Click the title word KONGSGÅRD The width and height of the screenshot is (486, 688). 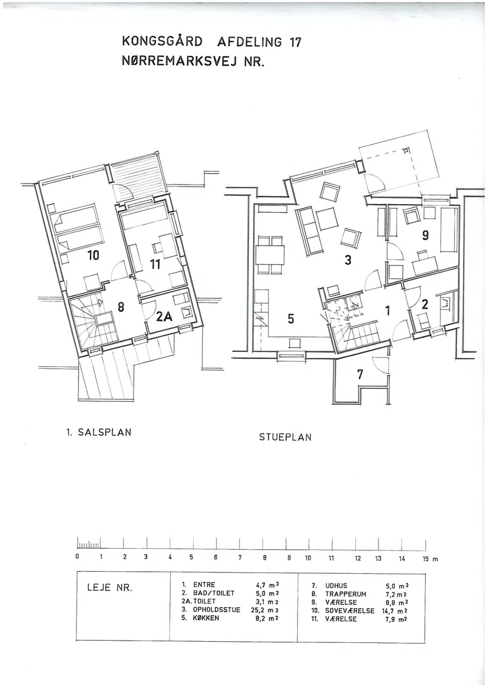coord(162,42)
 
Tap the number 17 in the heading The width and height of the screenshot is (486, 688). coord(295,42)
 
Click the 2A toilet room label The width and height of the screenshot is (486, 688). coord(165,316)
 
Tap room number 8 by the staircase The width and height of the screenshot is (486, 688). coord(121,307)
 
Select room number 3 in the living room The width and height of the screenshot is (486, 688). coord(348,260)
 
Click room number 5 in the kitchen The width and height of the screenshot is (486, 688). coord(291,318)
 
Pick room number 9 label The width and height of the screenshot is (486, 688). coord(425,236)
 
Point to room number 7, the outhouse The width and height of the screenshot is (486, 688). coord(360,374)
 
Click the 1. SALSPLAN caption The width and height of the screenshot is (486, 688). coord(98,432)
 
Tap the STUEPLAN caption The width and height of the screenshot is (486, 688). coord(285,438)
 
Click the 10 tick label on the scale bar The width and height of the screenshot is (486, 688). coord(308,558)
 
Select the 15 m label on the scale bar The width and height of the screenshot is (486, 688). coord(430,559)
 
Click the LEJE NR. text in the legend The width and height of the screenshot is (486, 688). coord(110,588)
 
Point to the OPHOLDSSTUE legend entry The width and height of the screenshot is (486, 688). coord(217,610)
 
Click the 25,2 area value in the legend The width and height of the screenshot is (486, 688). coord(259,610)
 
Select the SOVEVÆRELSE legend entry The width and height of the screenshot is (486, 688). coord(349,611)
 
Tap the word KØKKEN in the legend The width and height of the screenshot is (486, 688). coord(206,617)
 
